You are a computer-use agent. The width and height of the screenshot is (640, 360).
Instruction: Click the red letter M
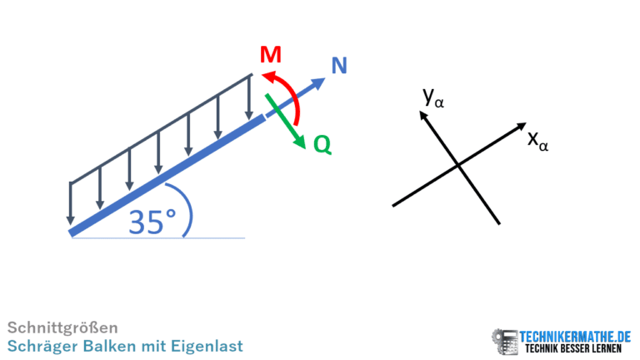coord(271,54)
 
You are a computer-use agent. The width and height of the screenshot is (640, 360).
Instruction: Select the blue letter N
coord(339,65)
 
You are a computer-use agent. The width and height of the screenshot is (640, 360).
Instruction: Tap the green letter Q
coord(322,144)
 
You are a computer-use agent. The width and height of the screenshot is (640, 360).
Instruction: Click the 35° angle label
coord(152,222)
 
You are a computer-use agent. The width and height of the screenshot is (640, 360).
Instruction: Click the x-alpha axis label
coord(537,141)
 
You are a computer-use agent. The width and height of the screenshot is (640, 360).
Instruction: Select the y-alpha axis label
coord(433,98)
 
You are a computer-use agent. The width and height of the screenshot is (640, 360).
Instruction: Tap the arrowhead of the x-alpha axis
coord(521,126)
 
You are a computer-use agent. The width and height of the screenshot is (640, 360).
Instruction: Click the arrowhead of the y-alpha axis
coord(423,115)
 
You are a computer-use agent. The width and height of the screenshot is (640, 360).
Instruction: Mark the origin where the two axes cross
coord(458,165)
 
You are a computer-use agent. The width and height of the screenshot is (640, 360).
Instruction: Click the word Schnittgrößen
coord(62,327)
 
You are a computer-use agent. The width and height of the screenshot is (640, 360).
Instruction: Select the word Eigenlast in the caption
coord(207,346)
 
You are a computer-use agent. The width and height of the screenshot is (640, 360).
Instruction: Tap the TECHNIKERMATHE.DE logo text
coord(575,337)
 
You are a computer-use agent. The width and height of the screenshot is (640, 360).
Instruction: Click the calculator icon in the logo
coord(506,342)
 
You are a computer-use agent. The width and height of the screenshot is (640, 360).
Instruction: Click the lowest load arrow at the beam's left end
coord(71,203)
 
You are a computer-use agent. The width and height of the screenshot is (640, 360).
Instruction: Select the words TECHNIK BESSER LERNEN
coord(573,349)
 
